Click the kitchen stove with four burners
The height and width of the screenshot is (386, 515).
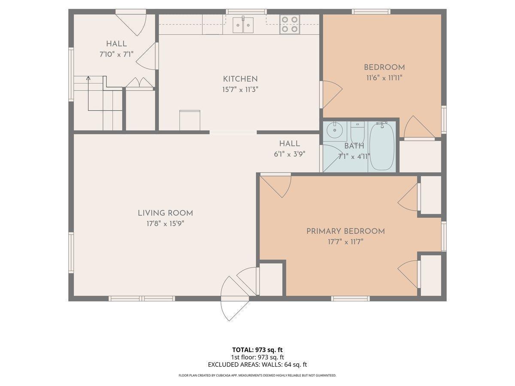click(290, 24)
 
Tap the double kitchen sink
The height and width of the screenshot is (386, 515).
click(243, 25)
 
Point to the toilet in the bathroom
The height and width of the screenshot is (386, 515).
click(357, 132)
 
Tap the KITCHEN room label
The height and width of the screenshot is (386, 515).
click(240, 79)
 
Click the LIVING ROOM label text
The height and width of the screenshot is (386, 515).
click(165, 213)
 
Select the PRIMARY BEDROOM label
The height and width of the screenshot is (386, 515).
click(345, 231)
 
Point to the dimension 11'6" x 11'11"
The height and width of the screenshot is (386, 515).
click(384, 78)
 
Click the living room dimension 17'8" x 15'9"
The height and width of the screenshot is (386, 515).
click(165, 224)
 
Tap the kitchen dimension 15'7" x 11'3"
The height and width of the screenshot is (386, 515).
click(240, 90)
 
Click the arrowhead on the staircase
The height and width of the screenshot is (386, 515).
click(88, 78)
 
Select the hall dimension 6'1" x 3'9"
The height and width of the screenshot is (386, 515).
click(290, 154)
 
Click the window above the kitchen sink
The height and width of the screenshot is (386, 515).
click(246, 12)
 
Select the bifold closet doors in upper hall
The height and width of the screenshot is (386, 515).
click(139, 82)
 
